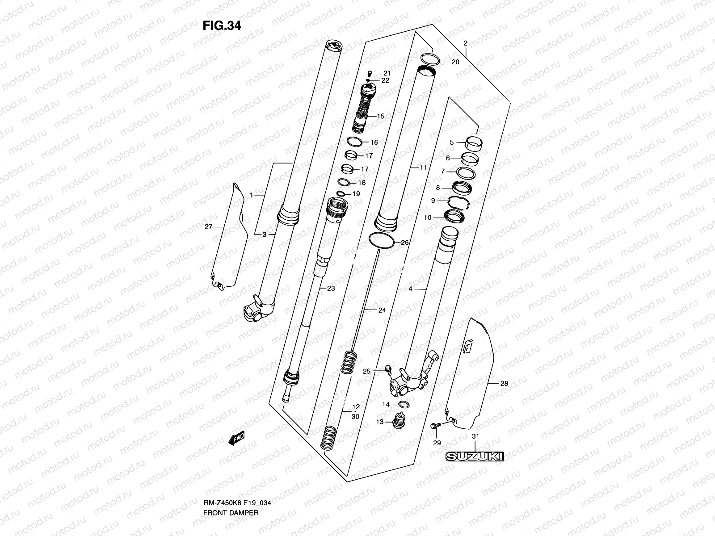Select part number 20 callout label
[x=455, y=62]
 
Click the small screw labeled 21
[x=370, y=72]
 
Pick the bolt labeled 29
[x=435, y=427]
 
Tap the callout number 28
[x=504, y=383]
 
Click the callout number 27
[x=208, y=227]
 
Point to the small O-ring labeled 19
[x=341, y=194]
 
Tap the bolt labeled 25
[x=388, y=369]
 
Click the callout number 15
[x=380, y=116]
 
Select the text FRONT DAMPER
[x=231, y=488]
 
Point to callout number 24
[x=382, y=310]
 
